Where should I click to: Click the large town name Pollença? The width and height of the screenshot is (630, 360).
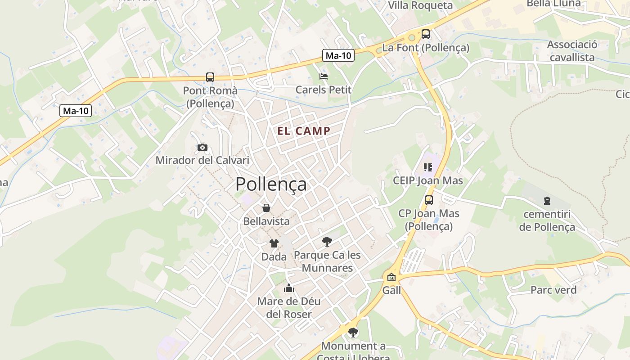point(271,184)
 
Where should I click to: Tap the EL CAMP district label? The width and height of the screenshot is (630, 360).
point(304,131)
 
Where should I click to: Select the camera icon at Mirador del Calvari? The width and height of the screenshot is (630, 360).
point(202,147)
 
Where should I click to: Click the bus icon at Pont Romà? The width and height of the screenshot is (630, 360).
point(210,77)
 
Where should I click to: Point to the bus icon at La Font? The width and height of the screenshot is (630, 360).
point(425,34)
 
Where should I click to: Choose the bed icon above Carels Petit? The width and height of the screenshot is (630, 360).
point(323,76)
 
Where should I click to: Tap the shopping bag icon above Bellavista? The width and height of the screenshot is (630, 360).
point(266,208)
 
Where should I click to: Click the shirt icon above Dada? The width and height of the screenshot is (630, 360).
point(274,243)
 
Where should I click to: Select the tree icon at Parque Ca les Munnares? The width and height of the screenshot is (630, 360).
point(327,242)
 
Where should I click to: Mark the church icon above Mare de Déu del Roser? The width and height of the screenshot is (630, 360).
point(288,288)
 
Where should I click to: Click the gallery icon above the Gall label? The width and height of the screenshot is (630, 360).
point(391,277)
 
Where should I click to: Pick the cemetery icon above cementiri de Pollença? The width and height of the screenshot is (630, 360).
point(547,200)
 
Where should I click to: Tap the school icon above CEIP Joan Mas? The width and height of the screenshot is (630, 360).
point(427,168)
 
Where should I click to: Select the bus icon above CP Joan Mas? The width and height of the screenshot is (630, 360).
point(428,200)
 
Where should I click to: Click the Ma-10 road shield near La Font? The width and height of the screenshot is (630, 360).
point(338,55)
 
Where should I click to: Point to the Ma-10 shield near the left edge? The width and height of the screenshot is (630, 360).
point(76,111)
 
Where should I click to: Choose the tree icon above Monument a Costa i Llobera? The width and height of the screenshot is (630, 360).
point(353,333)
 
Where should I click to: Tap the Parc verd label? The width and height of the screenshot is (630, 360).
point(553,290)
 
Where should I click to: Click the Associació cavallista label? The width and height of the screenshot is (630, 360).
point(572,51)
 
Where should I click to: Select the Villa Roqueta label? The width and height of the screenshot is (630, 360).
point(420,5)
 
